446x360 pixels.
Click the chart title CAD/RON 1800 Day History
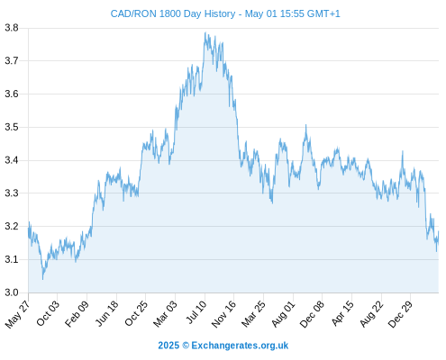pos(173,13)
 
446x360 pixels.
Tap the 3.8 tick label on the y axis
pos(12,28)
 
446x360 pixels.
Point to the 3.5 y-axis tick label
pos(12,127)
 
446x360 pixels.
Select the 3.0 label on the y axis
pos(12,292)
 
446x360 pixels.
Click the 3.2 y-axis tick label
pos(12,226)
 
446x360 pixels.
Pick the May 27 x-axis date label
pos(17,314)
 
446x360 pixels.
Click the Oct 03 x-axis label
pos(48,313)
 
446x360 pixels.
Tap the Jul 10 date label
pos(196,312)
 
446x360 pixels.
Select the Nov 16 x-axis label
pos(223,314)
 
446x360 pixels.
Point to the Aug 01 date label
pos(283,314)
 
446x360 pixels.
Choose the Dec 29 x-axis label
pos(400,314)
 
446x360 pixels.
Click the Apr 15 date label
pos(342,313)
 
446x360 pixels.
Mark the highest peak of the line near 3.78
pos(205,32)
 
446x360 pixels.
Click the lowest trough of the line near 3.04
pos(42,279)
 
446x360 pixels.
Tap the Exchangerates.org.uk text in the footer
pos(240,346)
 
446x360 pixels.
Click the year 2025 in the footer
pos(168,346)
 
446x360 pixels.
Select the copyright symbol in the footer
pos(186,346)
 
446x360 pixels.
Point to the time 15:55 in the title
pos(291,13)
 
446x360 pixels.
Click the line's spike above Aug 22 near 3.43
pos(403,151)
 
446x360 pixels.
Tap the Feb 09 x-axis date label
pos(77,313)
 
